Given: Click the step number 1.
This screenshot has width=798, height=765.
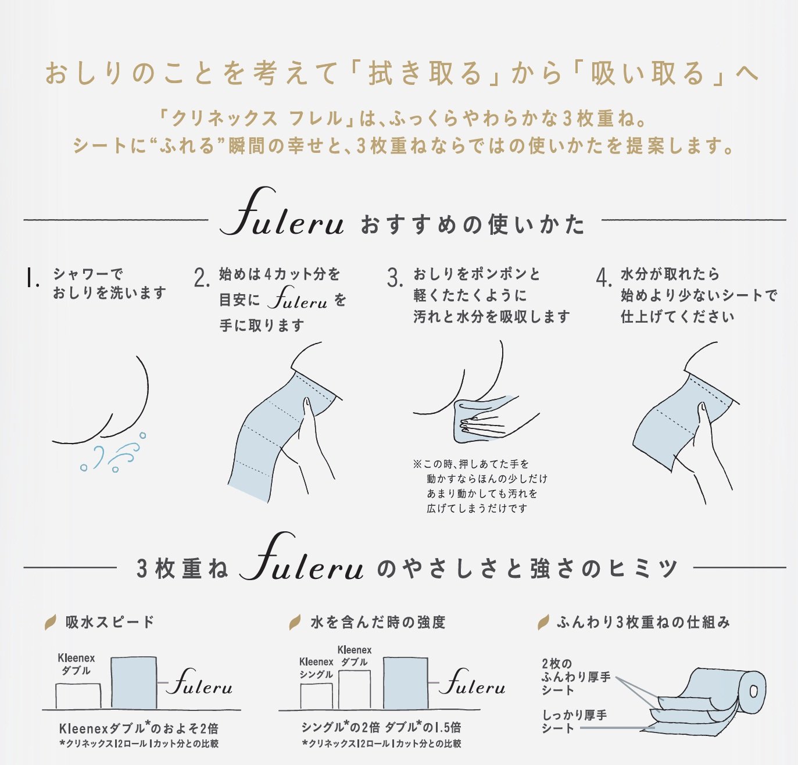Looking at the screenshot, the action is (31, 278).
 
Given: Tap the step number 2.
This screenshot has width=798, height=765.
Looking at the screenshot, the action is (202, 278).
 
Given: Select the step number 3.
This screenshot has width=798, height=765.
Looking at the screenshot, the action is (395, 278).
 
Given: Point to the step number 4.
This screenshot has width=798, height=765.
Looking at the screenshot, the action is (604, 278).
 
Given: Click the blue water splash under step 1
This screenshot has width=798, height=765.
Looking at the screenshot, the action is (113, 452).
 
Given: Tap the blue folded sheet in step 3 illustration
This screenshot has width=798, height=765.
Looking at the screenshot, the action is (479, 419).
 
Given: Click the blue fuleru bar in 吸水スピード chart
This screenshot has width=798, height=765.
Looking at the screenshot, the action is (134, 683).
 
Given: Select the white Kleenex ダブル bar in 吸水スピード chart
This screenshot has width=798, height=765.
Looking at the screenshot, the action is (78, 696).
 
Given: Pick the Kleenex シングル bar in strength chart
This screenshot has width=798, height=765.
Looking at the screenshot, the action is (316, 696).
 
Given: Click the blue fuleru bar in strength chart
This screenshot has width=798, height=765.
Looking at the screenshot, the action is (406, 683).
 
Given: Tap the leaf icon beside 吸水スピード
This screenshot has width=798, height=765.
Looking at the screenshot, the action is (51, 623).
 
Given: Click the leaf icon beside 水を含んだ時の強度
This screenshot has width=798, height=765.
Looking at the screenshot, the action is (295, 623).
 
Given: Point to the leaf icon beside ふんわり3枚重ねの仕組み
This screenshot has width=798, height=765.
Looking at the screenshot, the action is (543, 623).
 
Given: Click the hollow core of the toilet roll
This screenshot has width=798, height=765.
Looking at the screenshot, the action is (753, 692).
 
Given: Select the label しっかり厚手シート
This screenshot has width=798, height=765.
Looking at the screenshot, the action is (574, 721).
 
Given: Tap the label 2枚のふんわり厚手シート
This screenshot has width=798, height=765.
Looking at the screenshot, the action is (576, 677).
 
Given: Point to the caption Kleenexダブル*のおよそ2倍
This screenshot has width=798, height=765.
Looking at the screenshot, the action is (139, 728).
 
